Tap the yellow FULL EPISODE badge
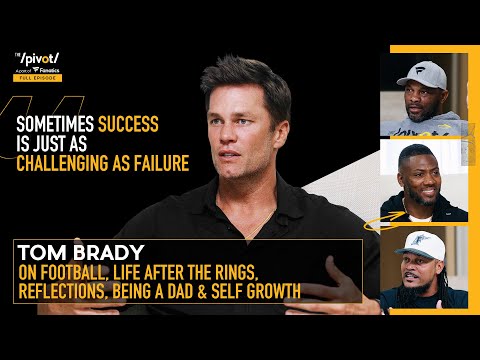click(x=42, y=78)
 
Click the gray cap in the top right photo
click(x=421, y=72)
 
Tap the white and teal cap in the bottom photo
click(x=425, y=244)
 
